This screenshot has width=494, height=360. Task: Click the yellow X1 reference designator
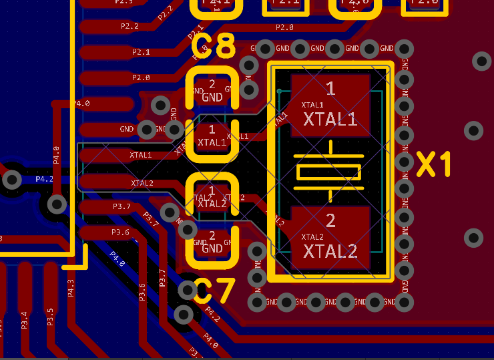click(x=434, y=164)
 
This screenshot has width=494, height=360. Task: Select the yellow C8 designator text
click(x=214, y=47)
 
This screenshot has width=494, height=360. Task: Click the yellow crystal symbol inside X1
click(x=330, y=172)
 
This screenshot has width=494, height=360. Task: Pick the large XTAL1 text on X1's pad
click(x=330, y=120)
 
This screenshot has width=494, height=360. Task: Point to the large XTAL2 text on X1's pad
click(x=330, y=251)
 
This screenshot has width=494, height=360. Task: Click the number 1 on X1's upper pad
click(x=330, y=88)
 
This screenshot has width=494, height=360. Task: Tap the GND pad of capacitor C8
click(x=212, y=92)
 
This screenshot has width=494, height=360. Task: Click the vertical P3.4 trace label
click(x=25, y=319)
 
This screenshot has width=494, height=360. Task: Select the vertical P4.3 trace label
click(x=71, y=288)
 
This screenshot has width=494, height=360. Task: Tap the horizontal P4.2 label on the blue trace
click(x=44, y=180)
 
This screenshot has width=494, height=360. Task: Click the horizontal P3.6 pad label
click(x=120, y=232)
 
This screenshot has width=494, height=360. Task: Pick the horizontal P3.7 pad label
click(x=121, y=206)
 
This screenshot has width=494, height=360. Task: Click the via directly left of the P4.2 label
click(x=12, y=179)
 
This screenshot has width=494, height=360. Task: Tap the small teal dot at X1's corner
click(x=279, y=91)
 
